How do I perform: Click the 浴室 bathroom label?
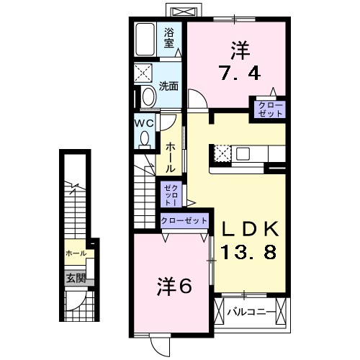(169, 38)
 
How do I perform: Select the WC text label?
(144, 122)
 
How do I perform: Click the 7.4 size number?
(233, 72)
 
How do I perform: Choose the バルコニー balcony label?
(250, 312)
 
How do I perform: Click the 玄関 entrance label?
(76, 279)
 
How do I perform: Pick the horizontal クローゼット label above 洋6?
(184, 220)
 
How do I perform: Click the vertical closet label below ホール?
(167, 192)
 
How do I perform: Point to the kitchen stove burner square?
(222, 153)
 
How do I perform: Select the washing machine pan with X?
(143, 74)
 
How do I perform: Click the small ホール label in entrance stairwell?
(76, 253)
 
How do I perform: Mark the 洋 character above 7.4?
(239, 50)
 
